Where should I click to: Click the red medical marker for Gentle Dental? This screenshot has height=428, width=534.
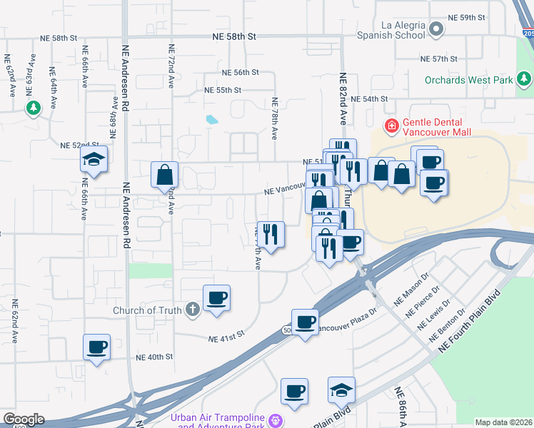coord(391,127)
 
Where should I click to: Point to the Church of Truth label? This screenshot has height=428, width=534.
coord(148,310)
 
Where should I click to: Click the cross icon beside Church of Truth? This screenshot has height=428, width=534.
coord(191,310)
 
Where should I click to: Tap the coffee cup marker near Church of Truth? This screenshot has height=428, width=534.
coord(216,297)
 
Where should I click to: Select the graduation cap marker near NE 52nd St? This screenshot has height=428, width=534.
coord(94,161)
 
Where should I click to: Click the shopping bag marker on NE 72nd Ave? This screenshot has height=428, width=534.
coord(164,174)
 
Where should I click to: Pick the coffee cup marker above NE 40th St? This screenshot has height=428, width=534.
coord(97,347)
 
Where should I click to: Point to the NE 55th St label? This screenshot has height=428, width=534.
coord(223,91)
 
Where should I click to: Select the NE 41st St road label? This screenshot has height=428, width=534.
coord(226,333)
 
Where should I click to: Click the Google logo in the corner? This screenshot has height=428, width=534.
coord(24,419)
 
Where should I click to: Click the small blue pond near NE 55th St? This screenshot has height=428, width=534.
coord(211,119)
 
